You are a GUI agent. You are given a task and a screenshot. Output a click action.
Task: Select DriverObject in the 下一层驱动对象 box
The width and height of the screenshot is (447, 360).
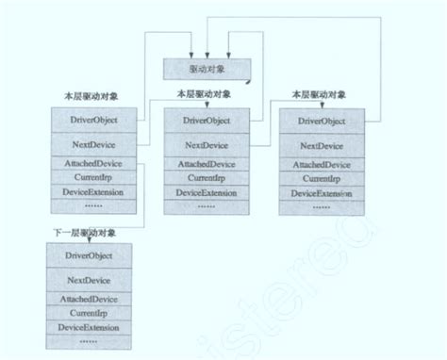coord(91,256)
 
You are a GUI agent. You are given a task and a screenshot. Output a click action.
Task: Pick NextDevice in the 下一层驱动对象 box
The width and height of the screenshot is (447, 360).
coord(91,280)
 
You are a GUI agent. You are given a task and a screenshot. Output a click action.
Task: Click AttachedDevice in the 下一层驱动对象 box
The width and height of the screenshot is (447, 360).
coord(91,299)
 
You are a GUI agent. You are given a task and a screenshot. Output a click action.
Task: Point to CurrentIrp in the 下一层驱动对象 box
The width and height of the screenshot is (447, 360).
coord(91,313)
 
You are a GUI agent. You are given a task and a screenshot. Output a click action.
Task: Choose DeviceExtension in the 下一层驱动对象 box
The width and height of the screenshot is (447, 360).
coord(91,326)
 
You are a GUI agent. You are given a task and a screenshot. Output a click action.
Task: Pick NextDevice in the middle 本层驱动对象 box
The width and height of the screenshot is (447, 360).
coord(206,145)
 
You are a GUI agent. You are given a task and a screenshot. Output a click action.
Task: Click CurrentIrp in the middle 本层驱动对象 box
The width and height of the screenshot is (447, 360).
coord(206,177)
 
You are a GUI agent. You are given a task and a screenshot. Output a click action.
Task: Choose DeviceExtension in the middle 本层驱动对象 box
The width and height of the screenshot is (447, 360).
coord(206,192)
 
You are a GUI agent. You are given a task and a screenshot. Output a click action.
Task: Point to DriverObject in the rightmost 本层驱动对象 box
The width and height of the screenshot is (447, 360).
coord(322,122)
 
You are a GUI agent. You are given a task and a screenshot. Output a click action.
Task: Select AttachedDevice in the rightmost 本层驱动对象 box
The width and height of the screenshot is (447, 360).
coord(322,165)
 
